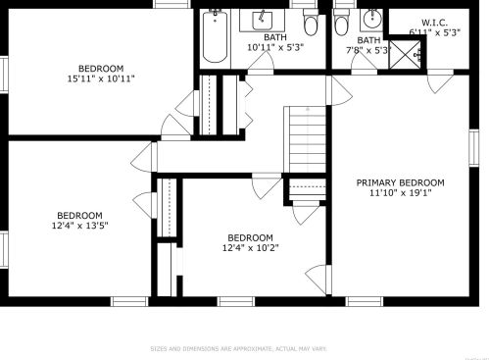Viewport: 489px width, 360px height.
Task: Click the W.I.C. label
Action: pyautogui.click(x=434, y=23)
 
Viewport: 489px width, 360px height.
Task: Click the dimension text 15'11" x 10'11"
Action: pyautogui.click(x=101, y=78)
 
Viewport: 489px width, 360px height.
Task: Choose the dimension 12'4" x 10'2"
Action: pyautogui.click(x=250, y=247)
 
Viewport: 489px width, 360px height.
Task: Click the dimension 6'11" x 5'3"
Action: pyautogui.click(x=434, y=32)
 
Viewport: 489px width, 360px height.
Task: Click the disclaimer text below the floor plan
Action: pyautogui.click(x=238, y=348)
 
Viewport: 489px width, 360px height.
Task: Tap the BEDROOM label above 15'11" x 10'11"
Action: pyautogui.click(x=101, y=68)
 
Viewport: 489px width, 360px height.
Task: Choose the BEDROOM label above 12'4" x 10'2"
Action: pyautogui.click(x=250, y=237)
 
